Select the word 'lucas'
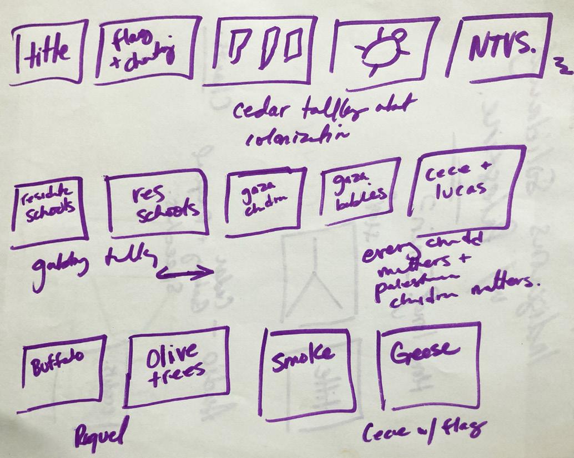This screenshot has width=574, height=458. click(x=463, y=189)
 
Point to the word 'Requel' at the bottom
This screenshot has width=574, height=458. click(x=100, y=432)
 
